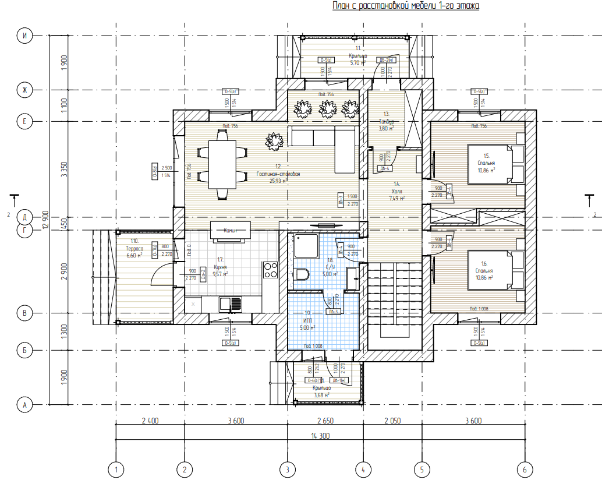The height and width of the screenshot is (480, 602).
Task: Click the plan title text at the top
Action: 406,6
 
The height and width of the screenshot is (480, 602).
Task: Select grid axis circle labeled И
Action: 24,36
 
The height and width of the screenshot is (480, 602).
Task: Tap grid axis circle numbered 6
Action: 525,469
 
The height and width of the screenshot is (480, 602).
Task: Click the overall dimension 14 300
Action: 320,435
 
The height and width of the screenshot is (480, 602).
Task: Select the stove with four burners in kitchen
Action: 271,269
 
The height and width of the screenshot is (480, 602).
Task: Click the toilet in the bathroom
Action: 302,274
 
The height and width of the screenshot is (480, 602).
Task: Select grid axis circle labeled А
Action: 24,404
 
